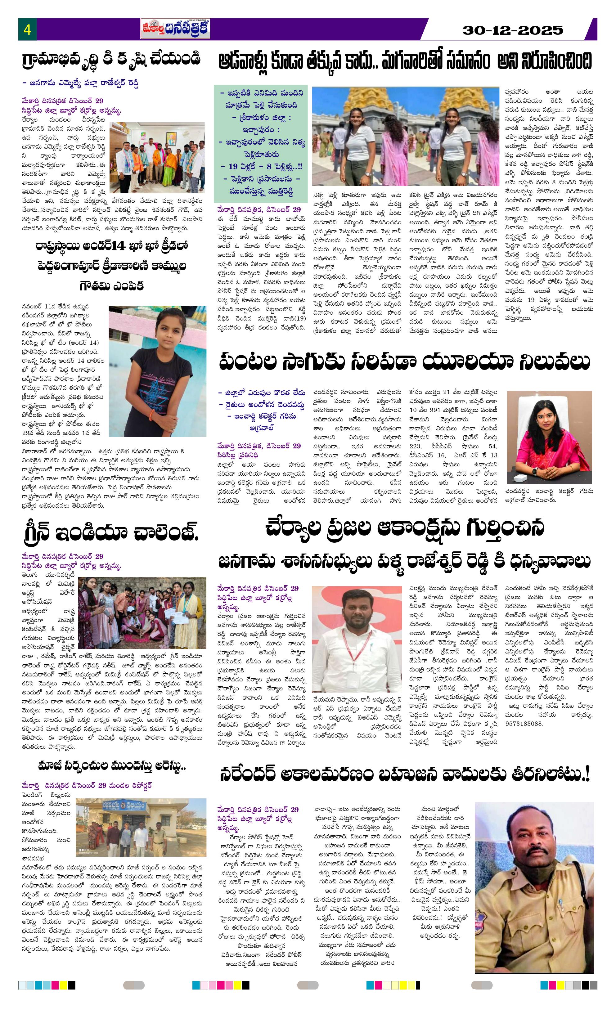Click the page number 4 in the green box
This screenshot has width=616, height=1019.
(x=27, y=30)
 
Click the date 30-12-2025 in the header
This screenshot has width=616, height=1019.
(x=513, y=30)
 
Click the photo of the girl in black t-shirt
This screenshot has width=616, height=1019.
(x=157, y=371)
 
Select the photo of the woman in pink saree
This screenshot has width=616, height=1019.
(x=549, y=438)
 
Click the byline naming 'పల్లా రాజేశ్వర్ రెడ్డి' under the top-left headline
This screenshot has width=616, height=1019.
(x=80, y=83)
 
